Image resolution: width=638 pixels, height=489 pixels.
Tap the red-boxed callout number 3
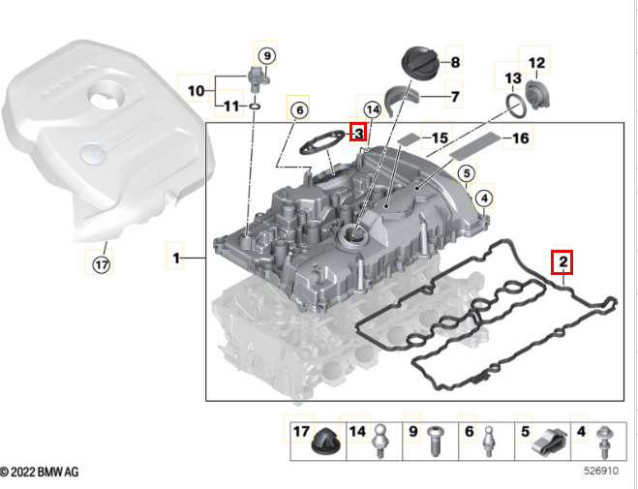coord(358,132)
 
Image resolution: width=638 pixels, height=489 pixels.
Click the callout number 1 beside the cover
coord(176,259)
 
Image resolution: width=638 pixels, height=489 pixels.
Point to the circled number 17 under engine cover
coord(101,261)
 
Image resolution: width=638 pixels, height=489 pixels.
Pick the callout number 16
coord(520,138)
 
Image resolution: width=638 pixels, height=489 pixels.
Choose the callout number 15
coord(440,138)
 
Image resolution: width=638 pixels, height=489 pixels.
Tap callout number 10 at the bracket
coord(197,91)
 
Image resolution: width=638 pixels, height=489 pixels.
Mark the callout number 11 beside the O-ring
coord(230,106)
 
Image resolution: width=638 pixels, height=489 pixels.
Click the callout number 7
coord(452,96)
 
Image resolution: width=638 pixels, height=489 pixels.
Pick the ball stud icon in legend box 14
coord(383,442)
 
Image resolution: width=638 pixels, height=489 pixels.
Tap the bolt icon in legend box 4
coord(604,443)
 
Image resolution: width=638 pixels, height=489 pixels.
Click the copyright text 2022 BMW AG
coord(41,472)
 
